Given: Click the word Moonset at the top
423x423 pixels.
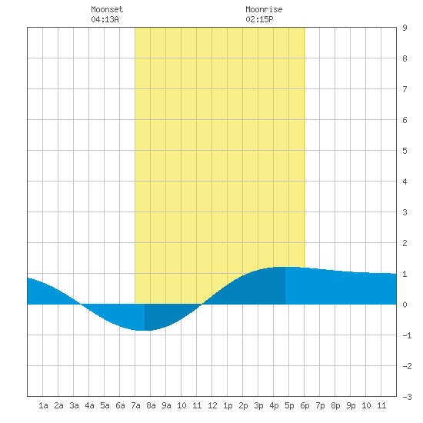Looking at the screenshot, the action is point(107,9).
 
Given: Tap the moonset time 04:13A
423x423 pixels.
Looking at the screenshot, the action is point(105,19).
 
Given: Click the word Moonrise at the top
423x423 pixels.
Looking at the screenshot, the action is point(264,9).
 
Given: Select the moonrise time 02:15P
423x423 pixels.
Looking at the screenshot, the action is point(259,19).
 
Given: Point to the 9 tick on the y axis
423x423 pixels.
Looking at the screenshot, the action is point(405,28).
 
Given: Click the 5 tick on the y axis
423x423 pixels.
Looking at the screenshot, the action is point(405,151).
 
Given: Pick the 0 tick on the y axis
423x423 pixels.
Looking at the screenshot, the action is point(405,305).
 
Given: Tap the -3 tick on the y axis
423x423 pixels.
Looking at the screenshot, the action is point(407,397).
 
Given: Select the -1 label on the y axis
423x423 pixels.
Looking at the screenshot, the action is point(407,335).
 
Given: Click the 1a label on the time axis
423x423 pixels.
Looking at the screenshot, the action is point(43,405).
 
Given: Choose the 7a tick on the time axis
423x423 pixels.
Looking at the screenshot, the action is point(135,405).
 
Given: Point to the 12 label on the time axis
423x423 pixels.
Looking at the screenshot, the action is point(212,405).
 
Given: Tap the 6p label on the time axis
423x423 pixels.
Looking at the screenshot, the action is point(305,405).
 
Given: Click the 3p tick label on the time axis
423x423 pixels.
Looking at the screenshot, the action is point(258,405).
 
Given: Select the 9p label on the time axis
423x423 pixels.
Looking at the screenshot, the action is point(351,405).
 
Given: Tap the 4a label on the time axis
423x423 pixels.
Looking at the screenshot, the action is point(89,405).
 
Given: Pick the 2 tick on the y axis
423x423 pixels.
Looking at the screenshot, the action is point(405,243).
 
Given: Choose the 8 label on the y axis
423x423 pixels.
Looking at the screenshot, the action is point(405,58).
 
